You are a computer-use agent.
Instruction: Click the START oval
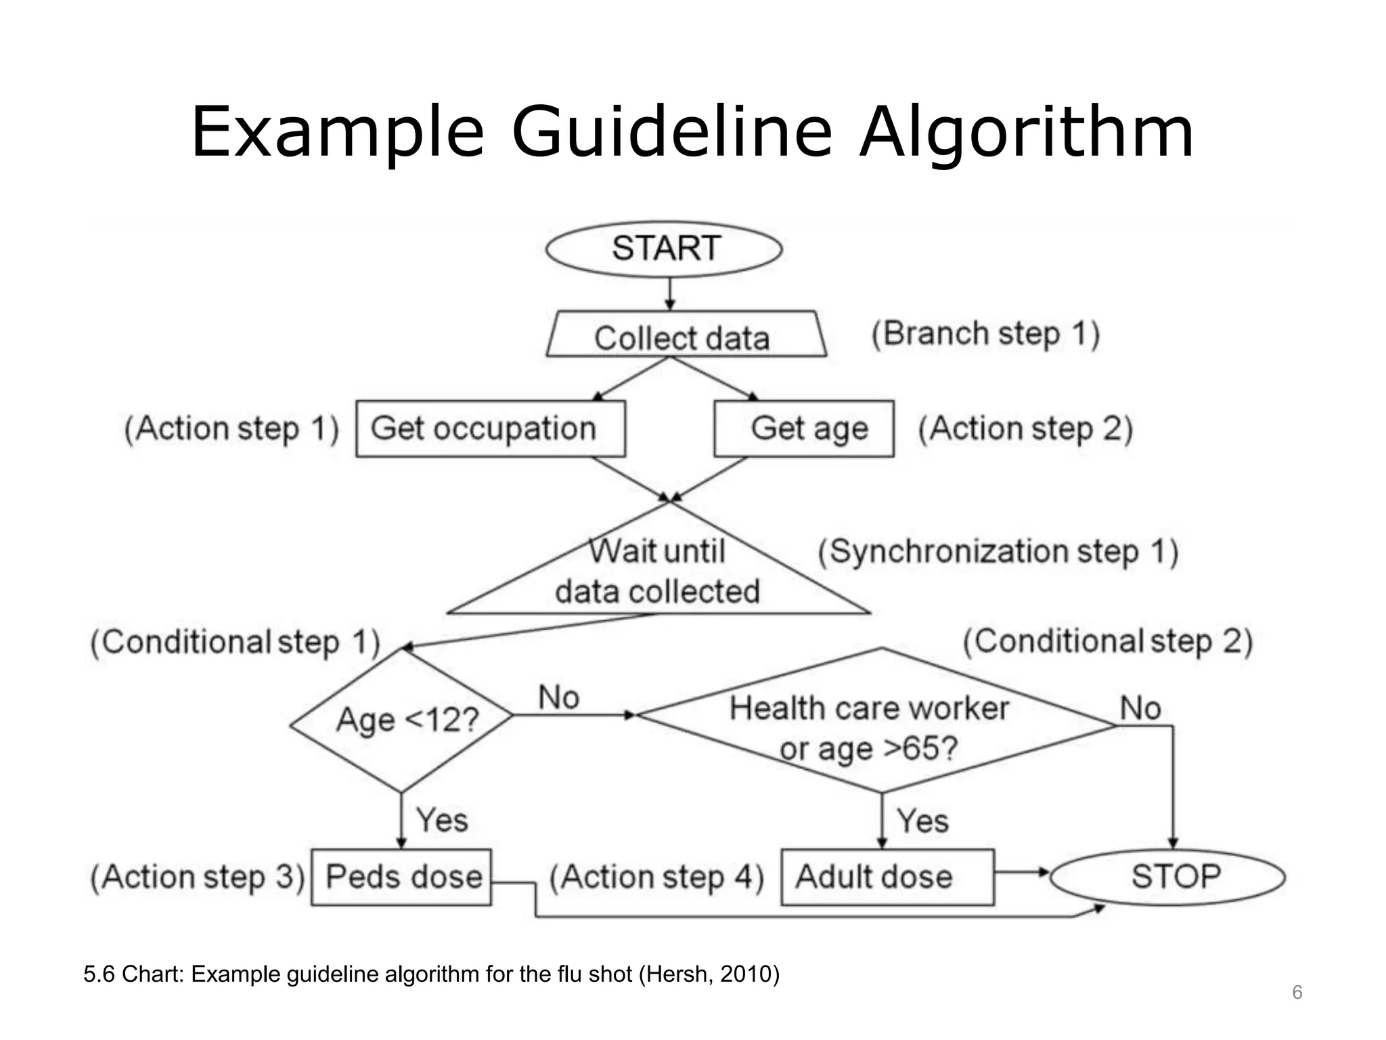(x=664, y=248)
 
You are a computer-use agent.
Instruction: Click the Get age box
(x=804, y=429)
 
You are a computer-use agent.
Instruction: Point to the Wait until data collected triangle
(x=658, y=572)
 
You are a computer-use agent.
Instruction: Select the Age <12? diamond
(x=402, y=720)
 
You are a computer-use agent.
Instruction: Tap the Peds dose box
(x=401, y=877)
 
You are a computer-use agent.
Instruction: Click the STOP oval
(x=1169, y=877)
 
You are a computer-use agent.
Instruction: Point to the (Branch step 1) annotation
(x=985, y=334)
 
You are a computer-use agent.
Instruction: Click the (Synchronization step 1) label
(x=998, y=552)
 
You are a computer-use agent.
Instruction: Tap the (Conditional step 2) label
(x=1108, y=642)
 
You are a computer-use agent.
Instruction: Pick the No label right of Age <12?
(x=558, y=697)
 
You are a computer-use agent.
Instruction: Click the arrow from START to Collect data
(x=669, y=294)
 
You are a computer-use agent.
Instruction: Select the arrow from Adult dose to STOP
(x=1022, y=872)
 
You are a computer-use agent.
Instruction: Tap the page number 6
(x=1297, y=993)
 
